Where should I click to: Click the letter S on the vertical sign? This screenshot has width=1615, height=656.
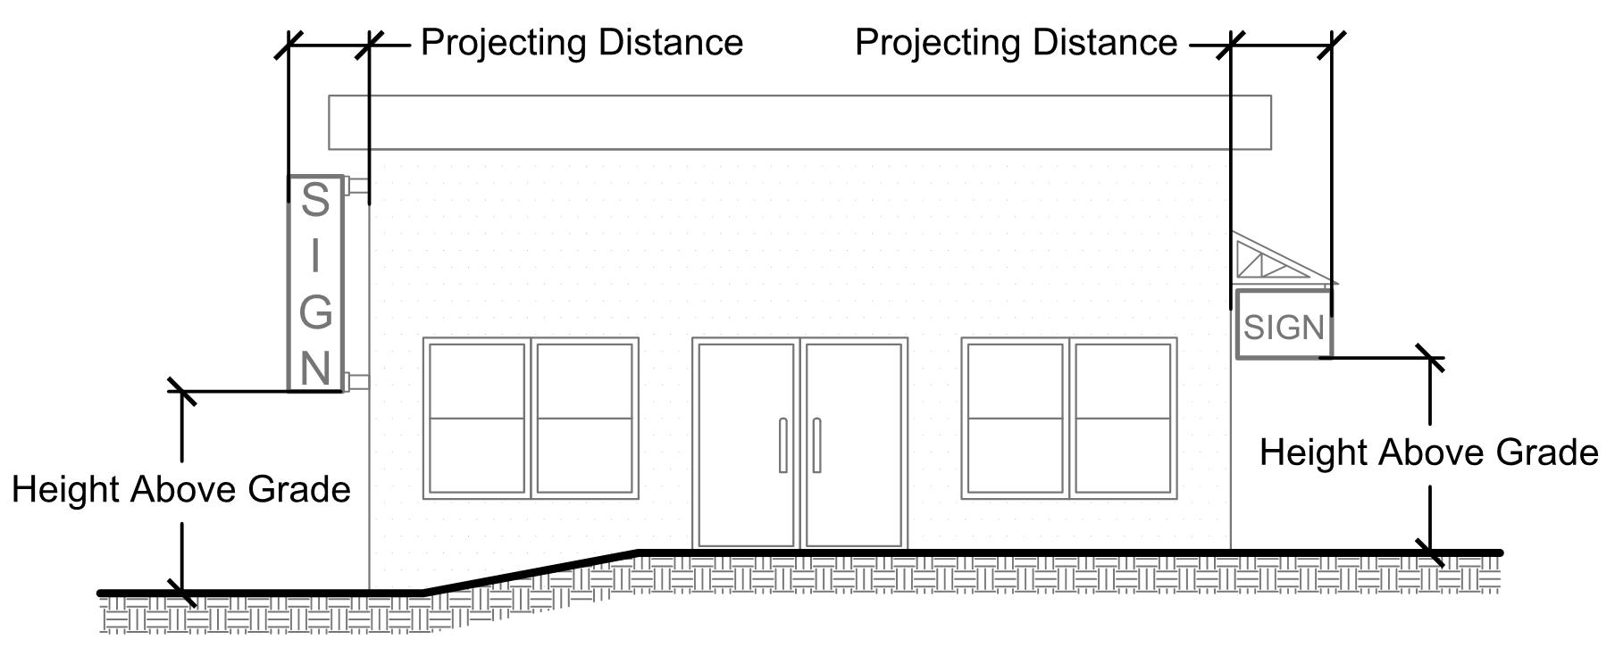tap(314, 200)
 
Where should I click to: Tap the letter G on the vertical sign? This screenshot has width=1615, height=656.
tap(315, 311)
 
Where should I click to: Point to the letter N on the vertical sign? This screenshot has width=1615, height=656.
tap(315, 368)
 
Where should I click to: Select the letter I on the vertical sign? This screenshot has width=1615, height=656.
tap(315, 256)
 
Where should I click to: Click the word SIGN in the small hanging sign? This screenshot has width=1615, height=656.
tap(1284, 328)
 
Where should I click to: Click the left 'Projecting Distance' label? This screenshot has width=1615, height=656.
tap(582, 43)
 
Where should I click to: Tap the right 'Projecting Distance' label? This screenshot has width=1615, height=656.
tap(1016, 43)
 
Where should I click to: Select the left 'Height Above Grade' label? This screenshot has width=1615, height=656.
tap(181, 489)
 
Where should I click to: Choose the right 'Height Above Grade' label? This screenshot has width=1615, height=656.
tap(1428, 453)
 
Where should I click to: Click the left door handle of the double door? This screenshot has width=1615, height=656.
tap(783, 444)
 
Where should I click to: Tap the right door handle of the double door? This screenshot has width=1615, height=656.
tap(816, 444)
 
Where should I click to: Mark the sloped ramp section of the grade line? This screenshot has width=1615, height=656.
tap(531, 572)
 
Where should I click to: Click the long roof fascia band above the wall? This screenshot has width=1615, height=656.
tap(799, 122)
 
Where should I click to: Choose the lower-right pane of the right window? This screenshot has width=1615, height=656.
tap(1122, 455)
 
